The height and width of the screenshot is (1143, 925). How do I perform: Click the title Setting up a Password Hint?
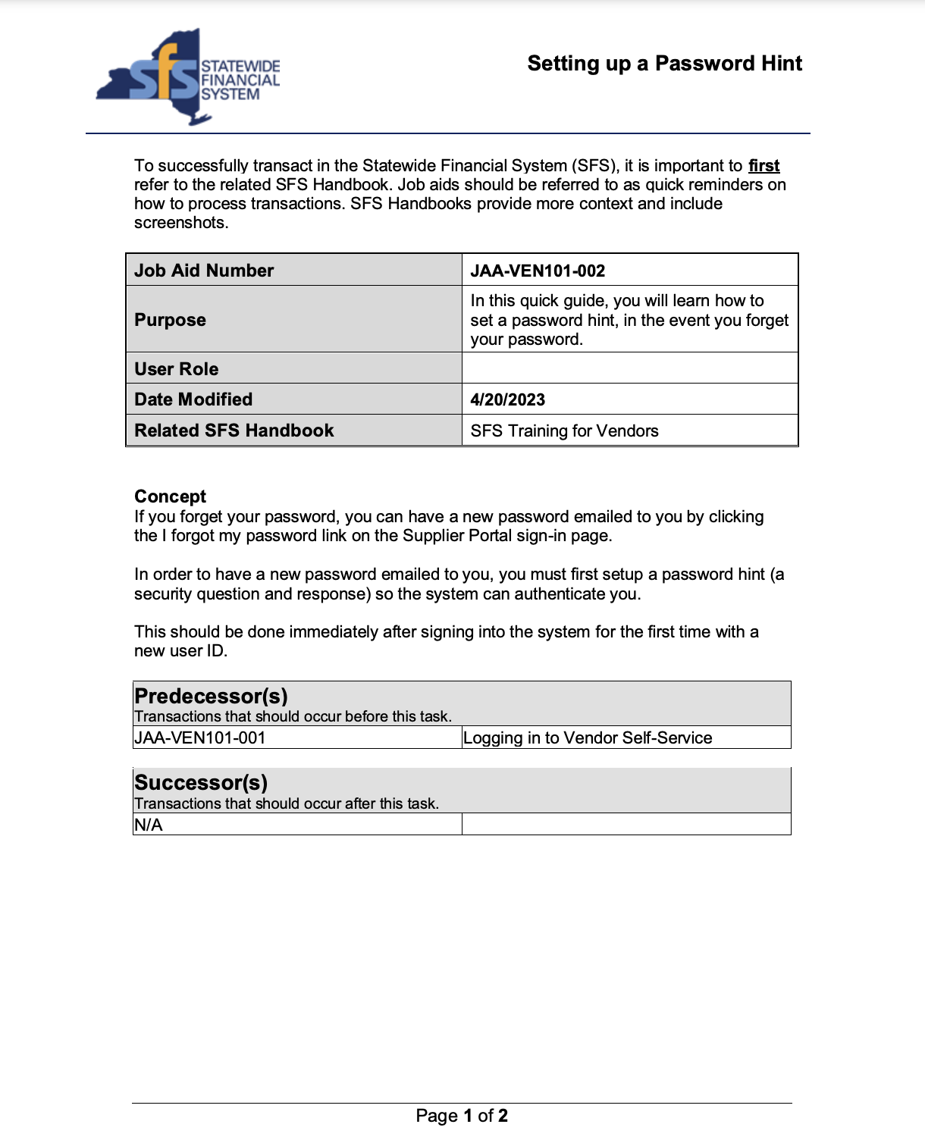664,64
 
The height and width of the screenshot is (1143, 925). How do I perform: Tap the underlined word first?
764,166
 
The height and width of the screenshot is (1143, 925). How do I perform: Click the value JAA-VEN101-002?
538,271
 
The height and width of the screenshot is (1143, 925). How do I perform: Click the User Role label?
177,369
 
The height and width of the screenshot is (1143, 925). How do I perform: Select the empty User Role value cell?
629,368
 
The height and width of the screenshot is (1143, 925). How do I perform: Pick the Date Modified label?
193,399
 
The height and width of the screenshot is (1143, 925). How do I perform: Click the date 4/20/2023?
507,400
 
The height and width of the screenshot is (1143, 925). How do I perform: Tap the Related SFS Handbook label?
234,431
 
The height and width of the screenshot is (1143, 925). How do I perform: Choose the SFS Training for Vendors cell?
564,431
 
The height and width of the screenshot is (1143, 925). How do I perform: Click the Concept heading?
171,496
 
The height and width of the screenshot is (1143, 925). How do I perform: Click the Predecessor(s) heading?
211,696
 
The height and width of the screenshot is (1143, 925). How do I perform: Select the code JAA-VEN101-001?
200,738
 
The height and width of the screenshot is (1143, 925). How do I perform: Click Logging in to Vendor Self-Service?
588,738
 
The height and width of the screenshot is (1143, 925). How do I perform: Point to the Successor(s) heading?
201,782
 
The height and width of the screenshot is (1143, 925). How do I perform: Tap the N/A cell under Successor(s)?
149,825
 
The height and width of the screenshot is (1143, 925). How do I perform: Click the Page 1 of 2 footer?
462,1116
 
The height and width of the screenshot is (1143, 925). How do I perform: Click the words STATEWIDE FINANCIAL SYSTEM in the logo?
240,80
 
